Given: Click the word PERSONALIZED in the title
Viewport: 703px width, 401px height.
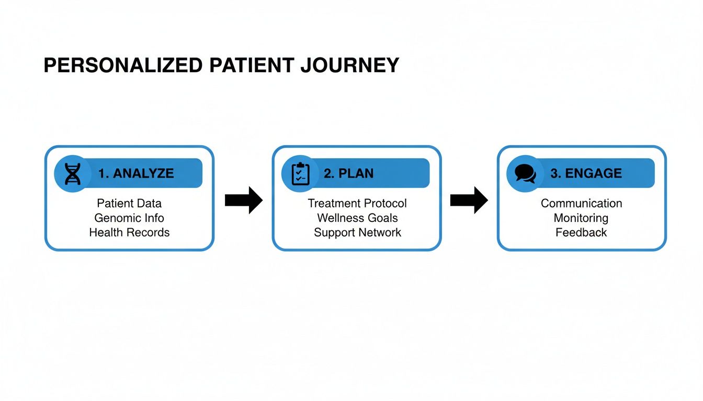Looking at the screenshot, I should click(123, 66).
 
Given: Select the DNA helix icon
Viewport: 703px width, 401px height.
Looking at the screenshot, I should click(73, 174).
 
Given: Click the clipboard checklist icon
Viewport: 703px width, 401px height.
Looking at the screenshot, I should click(300, 174).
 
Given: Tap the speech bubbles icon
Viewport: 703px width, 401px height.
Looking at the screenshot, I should click(525, 174).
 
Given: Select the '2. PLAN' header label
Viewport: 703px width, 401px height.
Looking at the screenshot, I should click(348, 173).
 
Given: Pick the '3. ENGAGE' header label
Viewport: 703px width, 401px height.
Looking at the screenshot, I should click(586, 173).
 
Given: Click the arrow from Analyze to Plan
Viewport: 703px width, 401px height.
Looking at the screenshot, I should click(244, 200).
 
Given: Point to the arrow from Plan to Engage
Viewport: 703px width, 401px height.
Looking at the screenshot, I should click(469, 200).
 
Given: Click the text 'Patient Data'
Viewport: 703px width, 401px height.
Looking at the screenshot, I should click(129, 203).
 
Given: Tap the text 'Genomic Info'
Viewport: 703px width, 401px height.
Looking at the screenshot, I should click(129, 218).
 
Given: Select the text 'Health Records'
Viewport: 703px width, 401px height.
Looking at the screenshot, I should click(129, 232).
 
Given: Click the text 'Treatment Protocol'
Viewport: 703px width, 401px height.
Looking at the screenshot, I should click(357, 203).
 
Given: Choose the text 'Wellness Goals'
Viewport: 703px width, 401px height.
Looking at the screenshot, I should click(357, 218).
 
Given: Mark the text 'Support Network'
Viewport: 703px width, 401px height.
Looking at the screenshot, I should click(357, 232).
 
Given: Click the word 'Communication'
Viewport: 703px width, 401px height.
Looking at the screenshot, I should click(581, 203).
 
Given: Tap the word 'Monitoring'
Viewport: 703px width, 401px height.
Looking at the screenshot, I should click(581, 218).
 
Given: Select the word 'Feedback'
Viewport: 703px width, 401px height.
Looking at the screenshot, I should click(581, 232).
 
